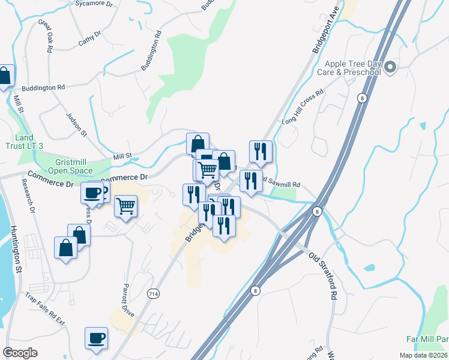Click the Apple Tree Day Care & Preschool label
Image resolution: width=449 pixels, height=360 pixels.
point(353,68)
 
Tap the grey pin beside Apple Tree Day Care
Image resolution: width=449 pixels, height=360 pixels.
point(390,68)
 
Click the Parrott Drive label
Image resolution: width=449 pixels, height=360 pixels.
point(128,300)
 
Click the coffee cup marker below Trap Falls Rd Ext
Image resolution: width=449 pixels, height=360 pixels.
point(96,338)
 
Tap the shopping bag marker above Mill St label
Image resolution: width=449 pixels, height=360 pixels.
point(197,144)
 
